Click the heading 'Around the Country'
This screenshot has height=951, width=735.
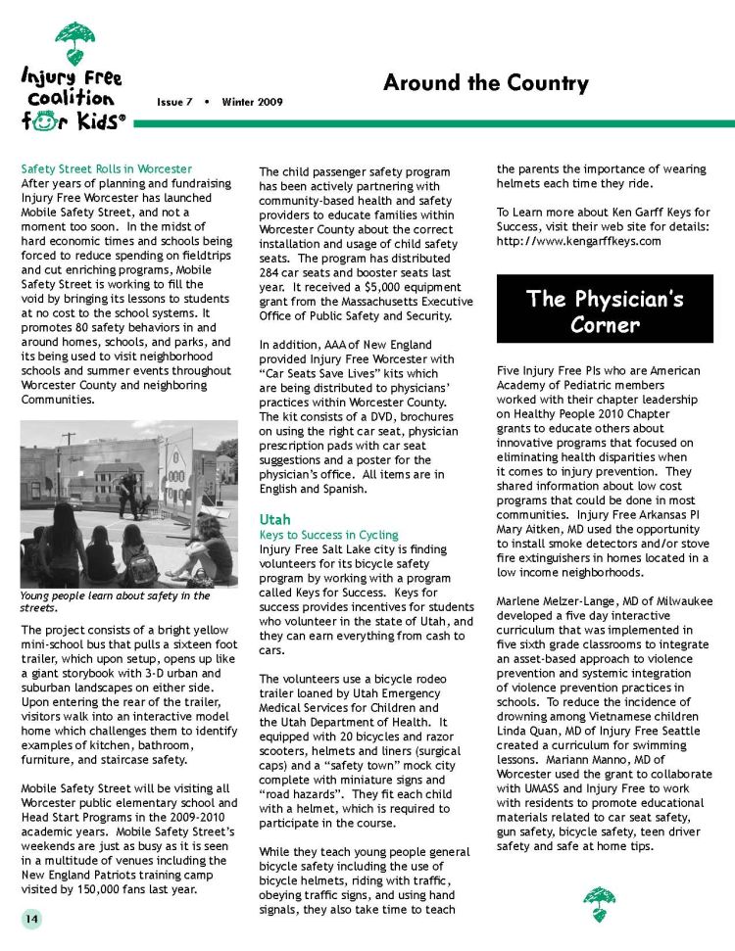coord(485,83)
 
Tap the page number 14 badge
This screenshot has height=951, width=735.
coord(33,918)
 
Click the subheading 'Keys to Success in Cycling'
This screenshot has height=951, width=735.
coord(328,535)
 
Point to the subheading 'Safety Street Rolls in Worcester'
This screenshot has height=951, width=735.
coord(106,168)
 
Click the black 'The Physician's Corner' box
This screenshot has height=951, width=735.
coord(605,310)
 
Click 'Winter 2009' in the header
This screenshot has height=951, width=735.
coord(252,102)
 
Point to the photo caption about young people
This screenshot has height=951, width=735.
coord(115,600)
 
